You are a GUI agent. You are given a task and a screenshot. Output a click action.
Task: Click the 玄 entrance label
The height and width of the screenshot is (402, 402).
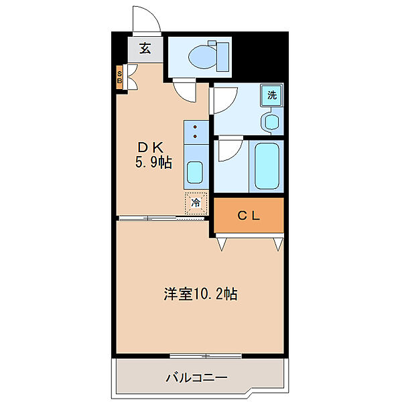click(145, 48)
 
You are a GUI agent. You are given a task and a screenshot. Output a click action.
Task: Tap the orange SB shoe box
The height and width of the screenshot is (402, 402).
click(119, 78)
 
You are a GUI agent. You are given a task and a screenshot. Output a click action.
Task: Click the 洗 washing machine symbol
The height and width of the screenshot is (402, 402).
click(272, 95)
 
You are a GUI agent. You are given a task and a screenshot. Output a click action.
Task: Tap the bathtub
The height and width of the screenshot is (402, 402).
click(267, 165)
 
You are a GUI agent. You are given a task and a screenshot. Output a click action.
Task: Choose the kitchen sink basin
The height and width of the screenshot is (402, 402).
click(195, 172)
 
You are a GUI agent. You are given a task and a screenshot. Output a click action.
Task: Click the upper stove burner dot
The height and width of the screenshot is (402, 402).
click(196, 127)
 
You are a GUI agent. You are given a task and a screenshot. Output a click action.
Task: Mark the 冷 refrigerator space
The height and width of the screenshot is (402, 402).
click(196, 203)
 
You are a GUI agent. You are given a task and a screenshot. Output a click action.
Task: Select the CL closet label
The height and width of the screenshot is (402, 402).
click(249, 216)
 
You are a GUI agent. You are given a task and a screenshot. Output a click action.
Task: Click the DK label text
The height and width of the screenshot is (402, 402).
click(151, 147)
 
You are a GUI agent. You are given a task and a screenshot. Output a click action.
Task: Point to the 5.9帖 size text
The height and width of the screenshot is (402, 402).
click(153, 162)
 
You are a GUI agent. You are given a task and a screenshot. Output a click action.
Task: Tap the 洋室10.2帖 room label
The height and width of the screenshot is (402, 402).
click(200, 294)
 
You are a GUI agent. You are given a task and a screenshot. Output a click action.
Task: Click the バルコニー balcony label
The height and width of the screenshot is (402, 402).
click(196, 378)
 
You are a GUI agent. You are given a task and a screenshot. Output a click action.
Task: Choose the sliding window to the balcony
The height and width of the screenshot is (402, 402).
click(206, 356)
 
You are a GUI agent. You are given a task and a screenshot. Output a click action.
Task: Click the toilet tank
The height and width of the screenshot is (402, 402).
click(222, 57)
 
